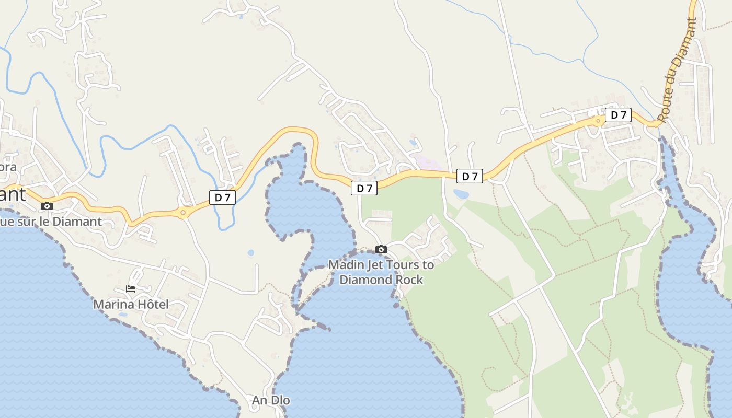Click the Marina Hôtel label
tap(131, 304)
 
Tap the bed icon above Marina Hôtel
tap(131, 288)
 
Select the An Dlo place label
tap(271, 401)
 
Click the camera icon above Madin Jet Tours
tap(381, 250)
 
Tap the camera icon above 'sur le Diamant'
tap(47, 206)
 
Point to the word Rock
tap(409, 280)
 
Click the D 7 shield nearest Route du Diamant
tap(618, 115)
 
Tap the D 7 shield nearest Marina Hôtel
tap(222, 197)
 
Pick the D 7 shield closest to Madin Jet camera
tap(364, 188)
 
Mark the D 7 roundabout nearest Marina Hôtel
tap(183, 212)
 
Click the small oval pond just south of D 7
tap(461, 194)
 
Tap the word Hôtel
tap(153, 304)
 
